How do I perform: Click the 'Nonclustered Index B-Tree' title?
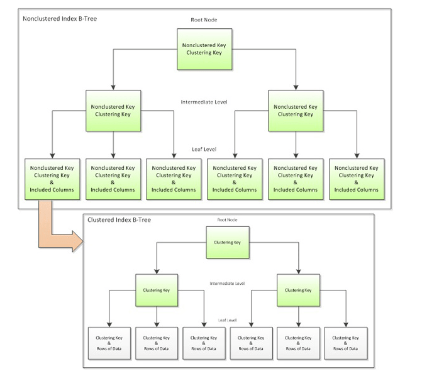(x=60, y=19)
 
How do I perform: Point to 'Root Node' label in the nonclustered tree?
(x=204, y=20)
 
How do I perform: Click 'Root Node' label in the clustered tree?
(x=228, y=219)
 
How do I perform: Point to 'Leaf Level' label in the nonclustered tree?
(x=204, y=149)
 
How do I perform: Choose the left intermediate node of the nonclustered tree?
(x=113, y=111)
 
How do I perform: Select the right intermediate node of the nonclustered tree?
(x=296, y=111)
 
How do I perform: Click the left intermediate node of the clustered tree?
(x=157, y=290)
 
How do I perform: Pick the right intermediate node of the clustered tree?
(x=298, y=290)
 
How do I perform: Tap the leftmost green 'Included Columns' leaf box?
(x=52, y=179)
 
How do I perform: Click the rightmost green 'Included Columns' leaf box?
(x=357, y=179)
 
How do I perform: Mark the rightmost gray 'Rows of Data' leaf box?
(x=345, y=343)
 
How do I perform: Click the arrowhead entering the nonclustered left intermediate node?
(x=113, y=87)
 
